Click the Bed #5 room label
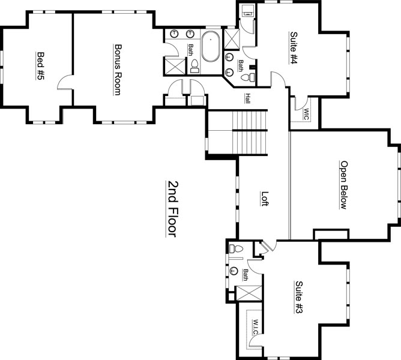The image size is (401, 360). tap(40, 66)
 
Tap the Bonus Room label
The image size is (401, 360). tap(118, 70)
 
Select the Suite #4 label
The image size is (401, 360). tap(294, 48)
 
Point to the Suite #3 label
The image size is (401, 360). tap(299, 297)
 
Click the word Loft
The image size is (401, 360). tap(265, 199)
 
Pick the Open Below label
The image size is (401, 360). tap(344, 185)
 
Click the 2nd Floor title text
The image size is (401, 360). tap(172, 209)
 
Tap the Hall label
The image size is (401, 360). tap(247, 98)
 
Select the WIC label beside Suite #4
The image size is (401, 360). tap(306, 114)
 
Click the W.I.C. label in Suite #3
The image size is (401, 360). tap(256, 326)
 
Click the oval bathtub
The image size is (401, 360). tap(211, 46)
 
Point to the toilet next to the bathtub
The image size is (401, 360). tap(195, 66)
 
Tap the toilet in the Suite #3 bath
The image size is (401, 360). tap(236, 248)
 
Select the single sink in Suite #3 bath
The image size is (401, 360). tap(234, 271)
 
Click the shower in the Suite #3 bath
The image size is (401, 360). tap(249, 293)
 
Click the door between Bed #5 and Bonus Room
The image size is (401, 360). tap(64, 82)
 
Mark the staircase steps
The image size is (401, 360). tap(250, 132)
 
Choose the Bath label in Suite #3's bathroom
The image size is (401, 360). tap(246, 275)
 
